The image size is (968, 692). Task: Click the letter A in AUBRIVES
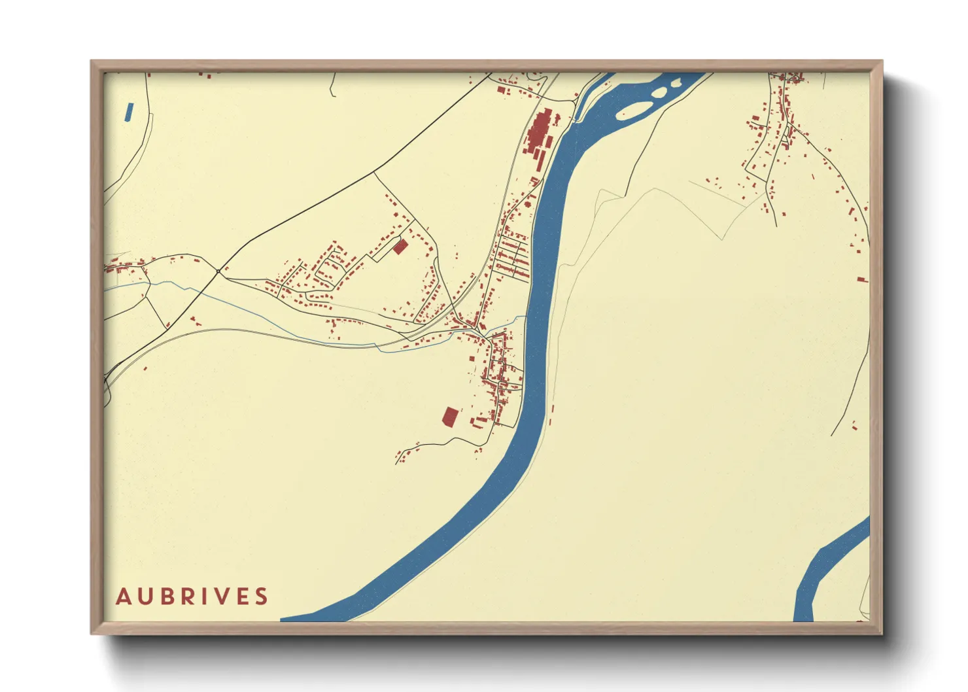[123, 597]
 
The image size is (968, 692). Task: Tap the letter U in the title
[145, 597]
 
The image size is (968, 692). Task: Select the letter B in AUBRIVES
[166, 597]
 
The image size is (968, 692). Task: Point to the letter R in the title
[187, 597]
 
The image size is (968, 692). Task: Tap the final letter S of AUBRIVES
[262, 597]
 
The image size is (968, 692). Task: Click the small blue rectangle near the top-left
[128, 112]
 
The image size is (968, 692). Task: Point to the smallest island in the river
[675, 84]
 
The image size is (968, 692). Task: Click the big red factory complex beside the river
[540, 134]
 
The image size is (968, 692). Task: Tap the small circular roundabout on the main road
[218, 271]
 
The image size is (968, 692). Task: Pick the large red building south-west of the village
[450, 417]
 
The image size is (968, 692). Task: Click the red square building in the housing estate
[400, 247]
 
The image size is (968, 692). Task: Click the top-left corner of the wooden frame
[92, 61]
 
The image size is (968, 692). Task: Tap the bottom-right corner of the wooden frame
[882, 633]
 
